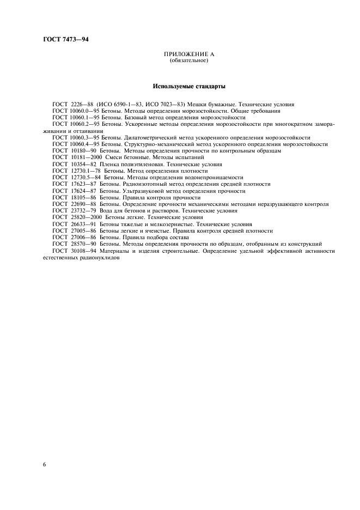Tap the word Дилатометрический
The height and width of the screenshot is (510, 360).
[136, 137]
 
